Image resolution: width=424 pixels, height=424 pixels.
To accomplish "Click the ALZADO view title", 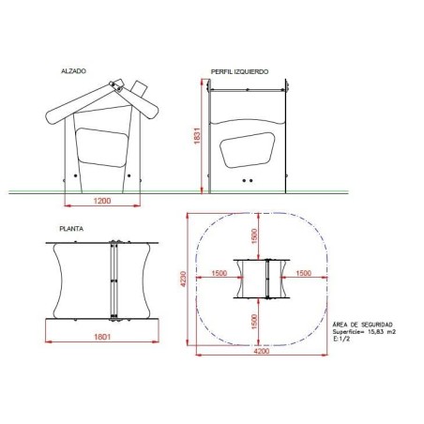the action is (x=73, y=71).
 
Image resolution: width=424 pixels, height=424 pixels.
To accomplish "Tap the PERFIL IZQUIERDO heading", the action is (x=239, y=72).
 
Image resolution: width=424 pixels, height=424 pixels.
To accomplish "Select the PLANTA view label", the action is (x=71, y=229).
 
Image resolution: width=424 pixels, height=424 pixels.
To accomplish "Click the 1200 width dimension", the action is (x=102, y=201).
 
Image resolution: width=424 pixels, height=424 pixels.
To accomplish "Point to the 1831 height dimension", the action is (x=197, y=136).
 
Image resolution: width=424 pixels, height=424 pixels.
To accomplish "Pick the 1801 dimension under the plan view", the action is (x=102, y=337).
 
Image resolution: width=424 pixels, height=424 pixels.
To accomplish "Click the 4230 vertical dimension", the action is (x=183, y=279).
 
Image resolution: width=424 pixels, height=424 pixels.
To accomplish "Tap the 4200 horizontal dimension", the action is (x=262, y=351).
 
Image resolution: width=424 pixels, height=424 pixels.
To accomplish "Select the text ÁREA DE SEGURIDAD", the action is (x=362, y=325).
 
